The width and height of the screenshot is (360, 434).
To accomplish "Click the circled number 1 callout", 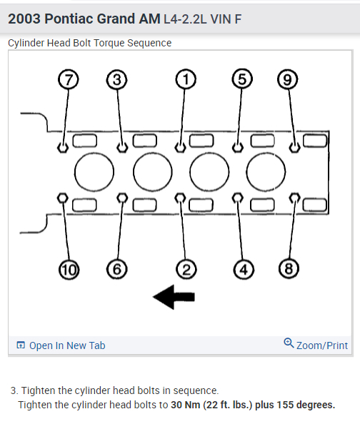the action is [x=186, y=79].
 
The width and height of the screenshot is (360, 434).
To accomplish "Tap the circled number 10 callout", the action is [x=69, y=270].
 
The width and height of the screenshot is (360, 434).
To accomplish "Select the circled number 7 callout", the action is [x=69, y=79].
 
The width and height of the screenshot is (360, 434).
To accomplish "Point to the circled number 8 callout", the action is [x=289, y=269].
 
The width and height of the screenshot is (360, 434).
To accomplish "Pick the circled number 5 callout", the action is [x=242, y=79].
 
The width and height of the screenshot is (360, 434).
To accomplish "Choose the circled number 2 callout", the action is [x=186, y=269].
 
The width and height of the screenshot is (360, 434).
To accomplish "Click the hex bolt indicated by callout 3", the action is [x=122, y=147].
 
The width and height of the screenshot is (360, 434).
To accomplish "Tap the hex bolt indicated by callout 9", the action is [x=294, y=147].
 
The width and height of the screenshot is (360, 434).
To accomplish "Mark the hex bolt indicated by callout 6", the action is [x=122, y=198].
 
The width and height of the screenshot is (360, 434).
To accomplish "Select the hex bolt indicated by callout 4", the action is [x=237, y=198].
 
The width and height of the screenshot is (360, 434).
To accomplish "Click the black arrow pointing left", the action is [x=174, y=297].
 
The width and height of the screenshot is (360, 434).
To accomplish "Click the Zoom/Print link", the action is [x=321, y=345].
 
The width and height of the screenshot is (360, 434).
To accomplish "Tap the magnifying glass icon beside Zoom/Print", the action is [x=289, y=343].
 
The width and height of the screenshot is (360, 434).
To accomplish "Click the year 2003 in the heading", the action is [x=24, y=19].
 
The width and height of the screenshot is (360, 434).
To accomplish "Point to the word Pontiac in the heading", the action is [x=69, y=19].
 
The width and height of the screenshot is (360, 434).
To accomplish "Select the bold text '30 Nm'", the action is [x=186, y=405].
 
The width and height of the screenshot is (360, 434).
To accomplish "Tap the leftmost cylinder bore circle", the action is [x=94, y=172].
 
